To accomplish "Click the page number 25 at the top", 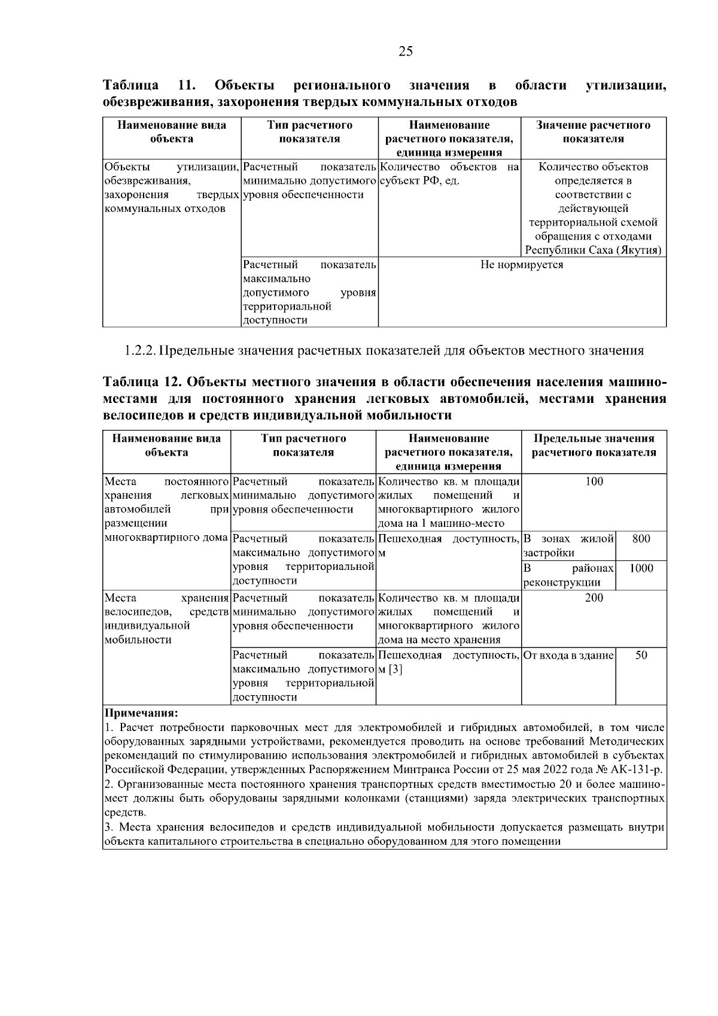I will click(x=405, y=51).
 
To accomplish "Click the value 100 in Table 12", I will click(x=594, y=481).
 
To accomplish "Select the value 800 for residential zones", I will click(x=641, y=539).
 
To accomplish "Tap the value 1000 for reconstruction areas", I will click(x=641, y=568).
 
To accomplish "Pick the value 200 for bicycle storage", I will click(x=594, y=598).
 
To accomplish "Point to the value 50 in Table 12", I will click(x=641, y=656).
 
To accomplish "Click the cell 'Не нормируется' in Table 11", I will click(x=522, y=265).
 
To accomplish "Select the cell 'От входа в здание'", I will click(x=568, y=656).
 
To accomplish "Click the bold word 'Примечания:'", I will click(x=141, y=713).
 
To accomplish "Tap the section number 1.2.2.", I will click(x=141, y=351).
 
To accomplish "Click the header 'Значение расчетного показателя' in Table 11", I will click(x=593, y=132).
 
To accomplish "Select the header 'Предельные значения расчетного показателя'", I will click(x=594, y=445).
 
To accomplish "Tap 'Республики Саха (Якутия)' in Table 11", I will click(x=593, y=250).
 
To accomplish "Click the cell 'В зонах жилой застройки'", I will click(x=568, y=545).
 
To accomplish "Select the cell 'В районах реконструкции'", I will click(x=568, y=575).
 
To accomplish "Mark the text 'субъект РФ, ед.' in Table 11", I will click(x=419, y=181).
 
